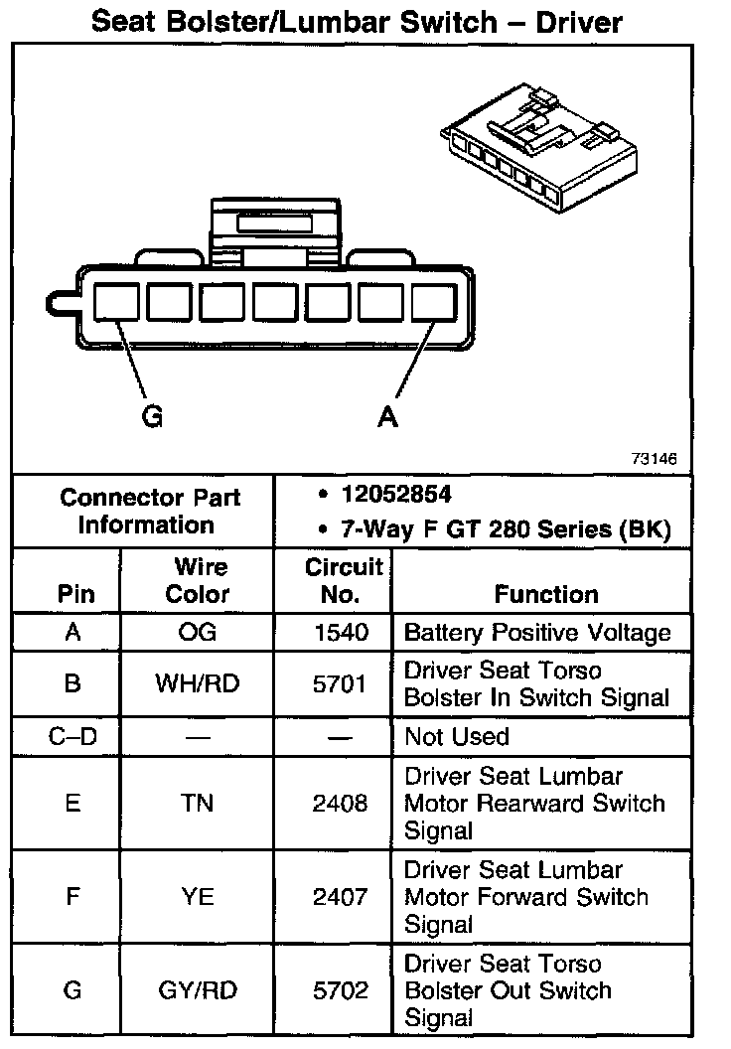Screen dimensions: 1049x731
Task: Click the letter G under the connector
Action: tap(152, 417)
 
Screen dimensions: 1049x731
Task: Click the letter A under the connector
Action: tap(388, 417)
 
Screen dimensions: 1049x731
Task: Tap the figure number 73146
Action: tap(654, 460)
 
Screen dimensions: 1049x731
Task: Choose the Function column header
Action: tap(546, 594)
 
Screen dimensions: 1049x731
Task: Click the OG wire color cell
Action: tap(198, 633)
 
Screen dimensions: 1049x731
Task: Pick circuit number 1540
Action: tap(341, 633)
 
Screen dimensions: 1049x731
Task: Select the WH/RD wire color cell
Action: tap(198, 684)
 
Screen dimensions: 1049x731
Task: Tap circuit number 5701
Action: tap(341, 684)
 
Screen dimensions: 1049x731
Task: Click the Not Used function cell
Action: tap(457, 737)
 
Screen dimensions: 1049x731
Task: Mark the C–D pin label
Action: tap(72, 737)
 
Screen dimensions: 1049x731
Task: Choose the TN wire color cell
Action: tap(198, 803)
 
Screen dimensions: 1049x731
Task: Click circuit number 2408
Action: tap(341, 803)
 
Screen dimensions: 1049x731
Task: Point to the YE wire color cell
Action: tap(198, 897)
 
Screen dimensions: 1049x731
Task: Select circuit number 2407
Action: tap(341, 897)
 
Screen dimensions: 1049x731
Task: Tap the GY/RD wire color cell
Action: tap(198, 990)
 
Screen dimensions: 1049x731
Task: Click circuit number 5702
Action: tap(341, 990)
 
